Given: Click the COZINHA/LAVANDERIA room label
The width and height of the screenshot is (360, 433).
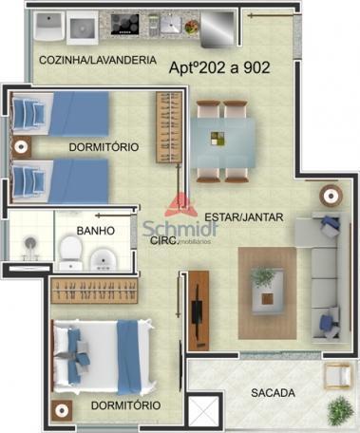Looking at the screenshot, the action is (98, 60).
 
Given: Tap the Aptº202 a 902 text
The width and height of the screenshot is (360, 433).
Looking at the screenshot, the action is (219, 67).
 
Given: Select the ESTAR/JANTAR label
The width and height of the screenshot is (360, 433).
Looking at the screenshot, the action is (244, 217).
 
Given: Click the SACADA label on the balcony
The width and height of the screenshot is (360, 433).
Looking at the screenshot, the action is (273, 393).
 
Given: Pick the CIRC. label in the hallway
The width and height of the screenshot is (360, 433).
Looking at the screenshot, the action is (164, 240).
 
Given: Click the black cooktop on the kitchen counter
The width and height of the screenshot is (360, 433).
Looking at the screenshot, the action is (125, 25).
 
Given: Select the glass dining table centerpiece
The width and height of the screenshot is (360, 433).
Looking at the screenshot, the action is (218, 139).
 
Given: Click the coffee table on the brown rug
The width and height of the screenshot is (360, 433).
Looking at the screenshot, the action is (268, 292).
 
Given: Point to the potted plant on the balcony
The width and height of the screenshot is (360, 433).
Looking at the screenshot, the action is (341, 410).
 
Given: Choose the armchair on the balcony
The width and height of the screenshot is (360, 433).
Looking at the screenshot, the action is (337, 375).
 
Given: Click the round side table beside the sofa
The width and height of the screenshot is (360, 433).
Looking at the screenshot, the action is (331, 196).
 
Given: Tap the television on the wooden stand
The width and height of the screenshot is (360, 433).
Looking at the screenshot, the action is (198, 311).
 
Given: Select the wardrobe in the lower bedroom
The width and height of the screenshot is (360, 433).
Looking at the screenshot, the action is (94, 291).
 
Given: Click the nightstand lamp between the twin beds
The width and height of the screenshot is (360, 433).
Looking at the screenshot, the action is (21, 147).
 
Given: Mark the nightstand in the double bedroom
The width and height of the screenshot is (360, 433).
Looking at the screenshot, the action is (62, 411).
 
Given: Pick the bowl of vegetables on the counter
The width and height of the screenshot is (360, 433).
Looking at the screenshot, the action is (191, 27).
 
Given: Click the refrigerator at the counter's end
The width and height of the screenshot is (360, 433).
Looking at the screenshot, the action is (218, 29).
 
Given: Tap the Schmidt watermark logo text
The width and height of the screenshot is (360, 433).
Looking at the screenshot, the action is (180, 229).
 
